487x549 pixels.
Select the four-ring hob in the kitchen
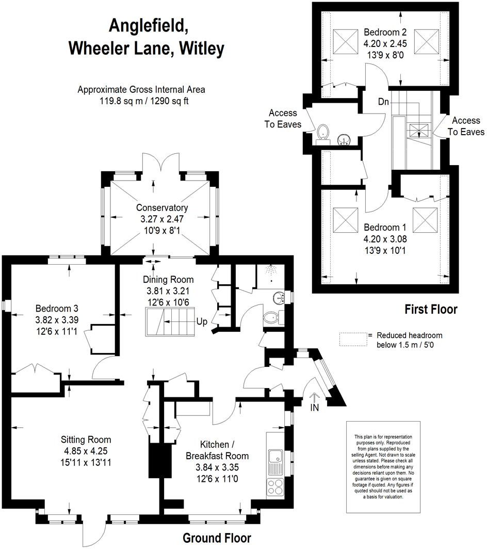click(x=274, y=487)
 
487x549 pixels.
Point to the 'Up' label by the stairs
click(x=201, y=322)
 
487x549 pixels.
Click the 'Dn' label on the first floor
click(x=383, y=102)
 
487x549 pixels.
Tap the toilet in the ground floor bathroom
click(x=270, y=318)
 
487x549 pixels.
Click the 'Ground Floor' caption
click(x=217, y=538)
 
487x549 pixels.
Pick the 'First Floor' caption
click(x=430, y=310)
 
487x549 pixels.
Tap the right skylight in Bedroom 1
click(x=425, y=220)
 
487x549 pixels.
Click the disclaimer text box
click(x=383, y=467)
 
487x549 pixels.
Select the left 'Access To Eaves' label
click(x=283, y=118)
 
